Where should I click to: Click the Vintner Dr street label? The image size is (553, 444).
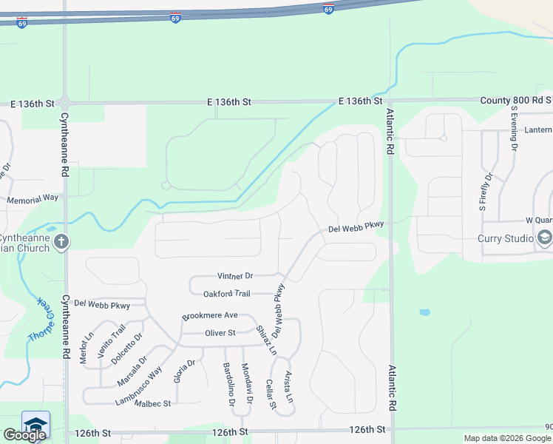[235, 275]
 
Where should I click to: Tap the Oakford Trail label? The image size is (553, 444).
[227, 294]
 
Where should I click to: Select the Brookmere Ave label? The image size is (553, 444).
[210, 315]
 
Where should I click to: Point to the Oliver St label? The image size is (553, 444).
[220, 333]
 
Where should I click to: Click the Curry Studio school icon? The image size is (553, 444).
[545, 238]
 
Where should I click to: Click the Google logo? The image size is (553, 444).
[24, 435]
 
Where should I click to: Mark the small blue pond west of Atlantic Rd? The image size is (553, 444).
[424, 312]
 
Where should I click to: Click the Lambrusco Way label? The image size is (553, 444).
[138, 386]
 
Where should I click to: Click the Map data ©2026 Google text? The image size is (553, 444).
[507, 438]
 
